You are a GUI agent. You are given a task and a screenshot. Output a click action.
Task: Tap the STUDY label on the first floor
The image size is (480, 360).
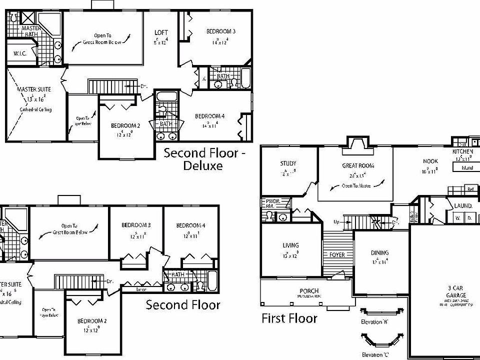click(x=288, y=163)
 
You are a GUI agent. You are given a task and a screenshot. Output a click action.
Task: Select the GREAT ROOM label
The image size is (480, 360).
click(x=358, y=165)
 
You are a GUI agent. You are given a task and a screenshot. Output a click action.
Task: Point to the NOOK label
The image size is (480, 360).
click(x=430, y=161)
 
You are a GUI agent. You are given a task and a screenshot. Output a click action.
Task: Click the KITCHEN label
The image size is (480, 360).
click(x=462, y=151)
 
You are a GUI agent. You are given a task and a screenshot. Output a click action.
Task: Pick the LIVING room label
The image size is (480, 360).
click(x=290, y=245)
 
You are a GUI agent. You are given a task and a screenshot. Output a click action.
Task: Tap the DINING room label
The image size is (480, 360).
click(x=379, y=252)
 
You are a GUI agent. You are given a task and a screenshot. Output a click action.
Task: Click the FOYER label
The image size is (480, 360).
click(x=337, y=254)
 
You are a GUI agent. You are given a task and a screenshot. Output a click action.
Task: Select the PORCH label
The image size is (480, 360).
click(x=309, y=291)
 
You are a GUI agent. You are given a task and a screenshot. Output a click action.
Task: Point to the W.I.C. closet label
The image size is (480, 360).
click(x=20, y=53)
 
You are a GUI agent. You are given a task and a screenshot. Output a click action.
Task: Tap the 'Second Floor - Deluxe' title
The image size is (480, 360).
click(x=204, y=159)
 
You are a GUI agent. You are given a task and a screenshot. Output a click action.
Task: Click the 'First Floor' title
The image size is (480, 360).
click(x=289, y=318)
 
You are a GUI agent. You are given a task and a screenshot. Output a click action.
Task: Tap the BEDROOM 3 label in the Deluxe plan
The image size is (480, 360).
click(x=221, y=31)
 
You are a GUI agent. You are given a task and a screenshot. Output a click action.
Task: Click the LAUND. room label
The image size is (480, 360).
click(x=463, y=205)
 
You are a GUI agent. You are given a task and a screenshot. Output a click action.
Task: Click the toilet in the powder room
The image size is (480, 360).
click(x=269, y=216)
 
